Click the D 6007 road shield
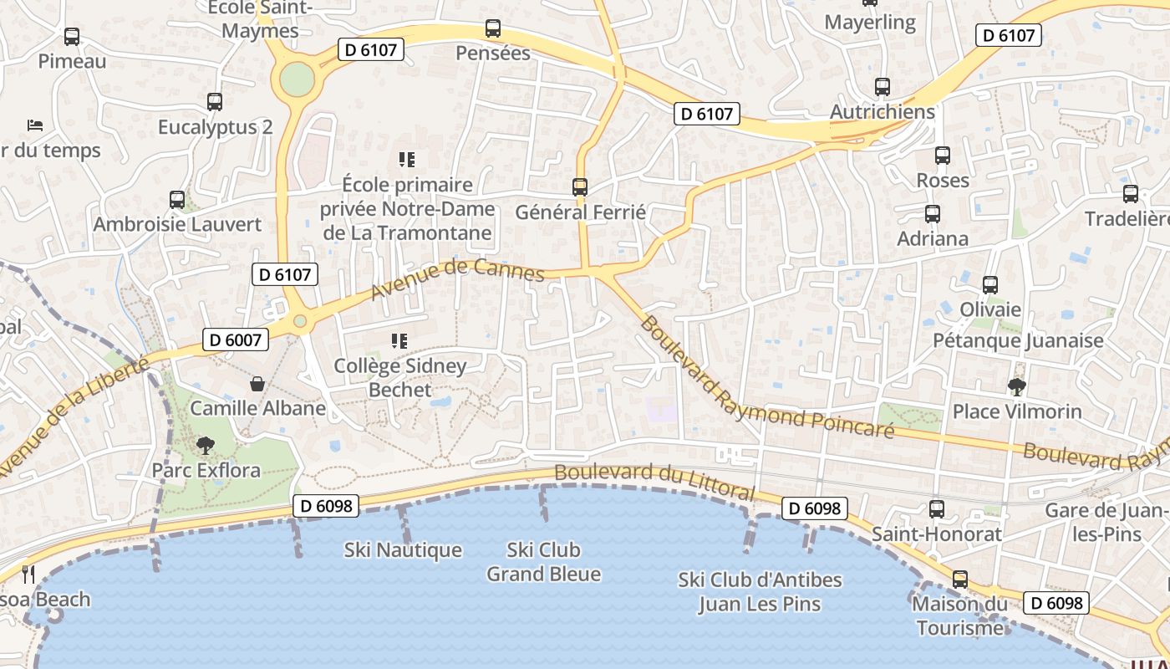(x=236, y=340)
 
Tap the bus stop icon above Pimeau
(x=72, y=37)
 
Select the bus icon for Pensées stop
(x=493, y=28)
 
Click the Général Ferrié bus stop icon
(x=580, y=187)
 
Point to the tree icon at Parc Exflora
(x=205, y=446)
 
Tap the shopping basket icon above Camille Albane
(x=257, y=384)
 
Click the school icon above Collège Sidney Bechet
(x=399, y=341)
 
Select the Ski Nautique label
(x=403, y=550)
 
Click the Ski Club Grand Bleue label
(x=543, y=562)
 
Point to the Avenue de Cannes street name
(x=457, y=278)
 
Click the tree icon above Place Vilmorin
(x=1017, y=386)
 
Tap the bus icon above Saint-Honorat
(x=937, y=508)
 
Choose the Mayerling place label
(x=870, y=22)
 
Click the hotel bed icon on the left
(x=35, y=125)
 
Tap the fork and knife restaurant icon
(x=28, y=574)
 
